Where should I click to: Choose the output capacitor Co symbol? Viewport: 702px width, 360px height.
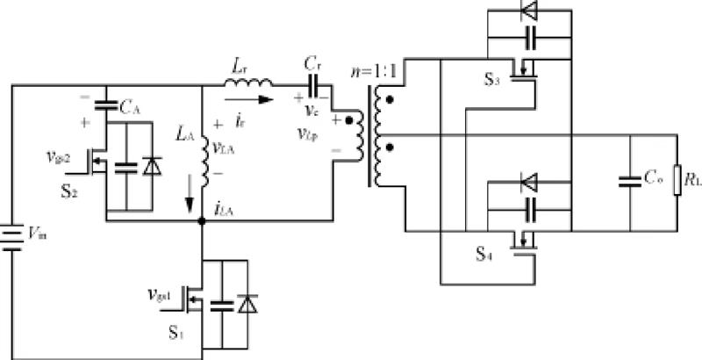628,182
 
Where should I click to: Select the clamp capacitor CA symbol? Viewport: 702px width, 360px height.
106,107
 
